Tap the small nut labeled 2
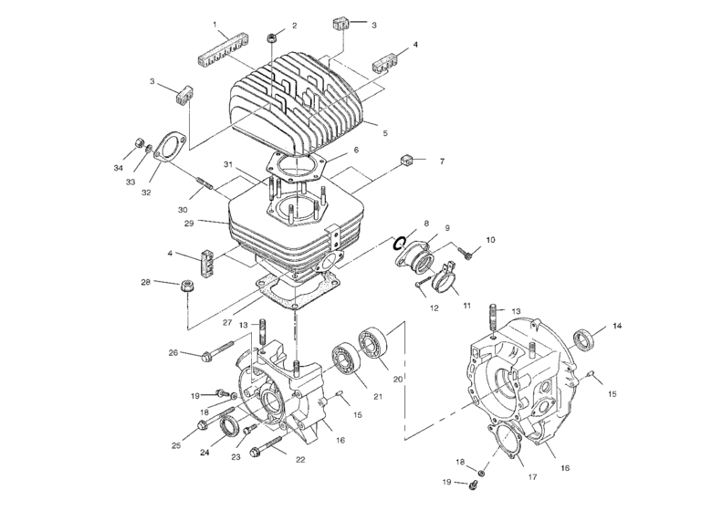[272, 37]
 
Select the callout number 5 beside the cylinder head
[385, 133]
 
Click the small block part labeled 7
[407, 161]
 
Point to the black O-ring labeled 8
[399, 243]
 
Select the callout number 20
[396, 379]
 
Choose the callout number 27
[227, 322]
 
